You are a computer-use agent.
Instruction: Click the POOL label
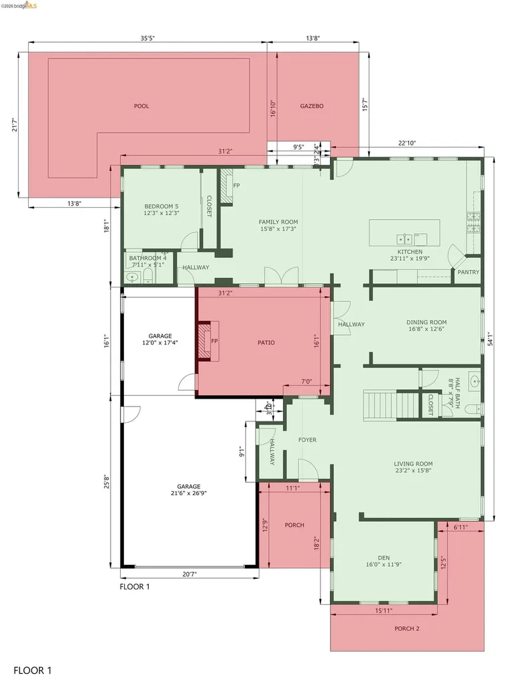point(141,106)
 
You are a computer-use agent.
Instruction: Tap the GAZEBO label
point(312,106)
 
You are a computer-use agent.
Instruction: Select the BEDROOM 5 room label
point(162,206)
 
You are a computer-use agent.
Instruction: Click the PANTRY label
point(468,273)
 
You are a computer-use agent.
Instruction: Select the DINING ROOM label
point(426,322)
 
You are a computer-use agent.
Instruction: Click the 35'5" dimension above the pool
point(148,39)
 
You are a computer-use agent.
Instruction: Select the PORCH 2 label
point(406,628)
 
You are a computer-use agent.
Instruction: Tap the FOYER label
point(307,440)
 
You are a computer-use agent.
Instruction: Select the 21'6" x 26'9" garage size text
point(188,493)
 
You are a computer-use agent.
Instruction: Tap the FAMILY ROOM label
point(278,222)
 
